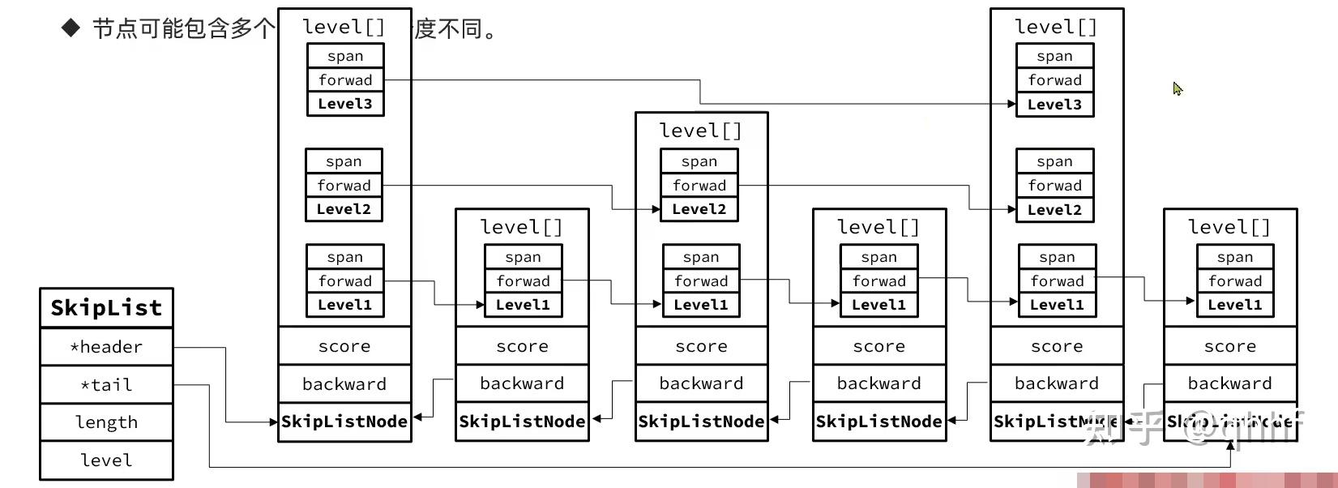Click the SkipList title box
tap(106, 308)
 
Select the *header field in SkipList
tap(106, 347)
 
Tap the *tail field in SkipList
tap(106, 385)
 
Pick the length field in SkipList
tap(106, 422)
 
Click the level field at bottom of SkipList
tap(106, 460)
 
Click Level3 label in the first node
tap(345, 104)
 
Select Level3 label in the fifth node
tap(1054, 105)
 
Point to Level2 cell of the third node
tap(699, 209)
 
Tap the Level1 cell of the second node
tap(523, 305)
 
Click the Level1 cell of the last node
tap(1235, 305)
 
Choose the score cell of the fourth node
tap(879, 346)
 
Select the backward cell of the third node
tap(701, 383)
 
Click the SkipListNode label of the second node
tap(522, 422)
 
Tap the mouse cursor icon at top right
tap(1178, 88)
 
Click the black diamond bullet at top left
tap(71, 28)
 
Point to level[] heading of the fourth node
tap(878, 227)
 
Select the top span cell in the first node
tap(345, 56)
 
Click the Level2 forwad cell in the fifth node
tap(1054, 186)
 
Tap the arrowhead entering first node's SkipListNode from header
tap(274, 422)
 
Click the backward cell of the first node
tap(344, 384)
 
